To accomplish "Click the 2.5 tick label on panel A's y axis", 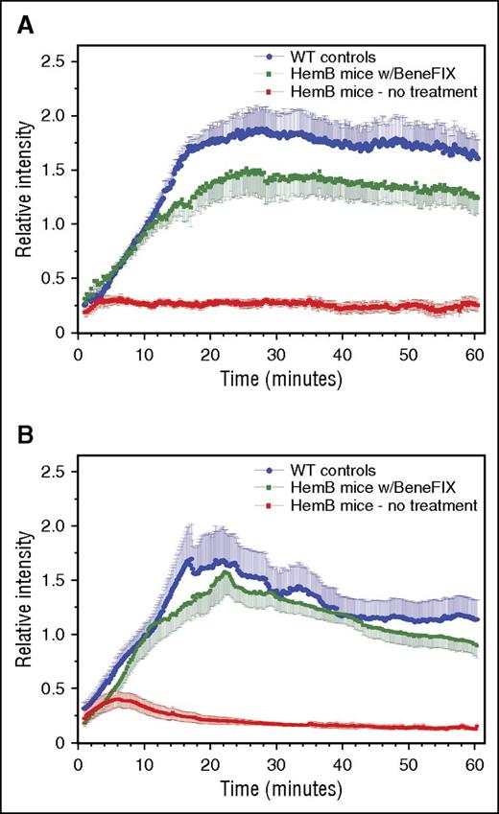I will tap(53, 62).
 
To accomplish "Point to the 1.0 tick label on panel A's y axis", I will tap(53, 224).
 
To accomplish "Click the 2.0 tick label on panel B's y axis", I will tap(53, 526).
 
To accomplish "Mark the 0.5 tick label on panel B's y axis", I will tap(53, 688).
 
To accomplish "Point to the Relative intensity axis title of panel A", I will tap(20, 196).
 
